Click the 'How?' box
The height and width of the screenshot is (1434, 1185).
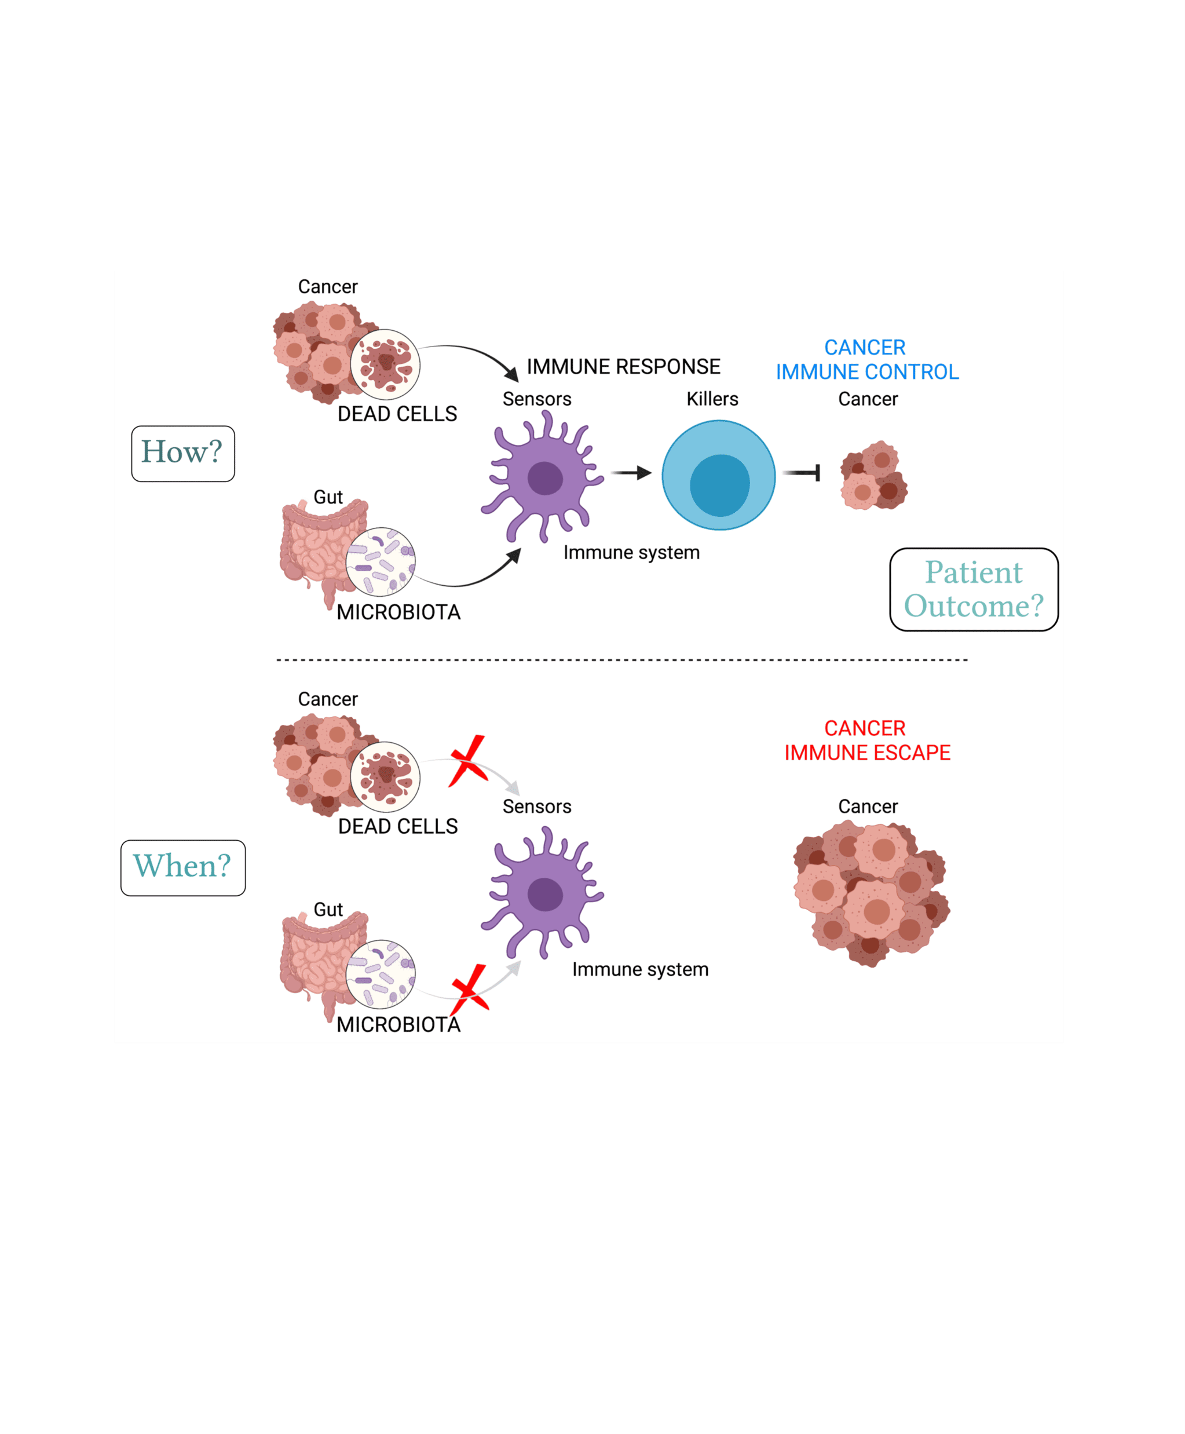pos(183,454)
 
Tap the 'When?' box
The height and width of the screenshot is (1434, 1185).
pos(183,867)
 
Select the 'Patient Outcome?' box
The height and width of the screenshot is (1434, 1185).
pos(974,589)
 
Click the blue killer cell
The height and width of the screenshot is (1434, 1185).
pos(718,475)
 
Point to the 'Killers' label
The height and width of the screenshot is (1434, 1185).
pos(712,399)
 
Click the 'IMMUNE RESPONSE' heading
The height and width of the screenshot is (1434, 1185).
pos(623,367)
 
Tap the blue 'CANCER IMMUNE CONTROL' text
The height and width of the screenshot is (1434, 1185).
pos(866,360)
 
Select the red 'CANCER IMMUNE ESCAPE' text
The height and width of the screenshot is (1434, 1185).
pos(866,740)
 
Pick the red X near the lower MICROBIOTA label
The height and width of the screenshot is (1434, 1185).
pos(470,989)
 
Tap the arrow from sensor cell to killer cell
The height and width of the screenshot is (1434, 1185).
pos(631,473)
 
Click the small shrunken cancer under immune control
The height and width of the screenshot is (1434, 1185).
pos(874,476)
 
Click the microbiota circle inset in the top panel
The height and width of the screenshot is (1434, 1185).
pos(380,561)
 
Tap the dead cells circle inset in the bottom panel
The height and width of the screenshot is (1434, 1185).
pos(385,777)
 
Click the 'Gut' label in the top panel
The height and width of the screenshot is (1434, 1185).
pos(328,497)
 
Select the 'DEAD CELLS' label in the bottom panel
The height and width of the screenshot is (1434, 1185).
pos(397,826)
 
